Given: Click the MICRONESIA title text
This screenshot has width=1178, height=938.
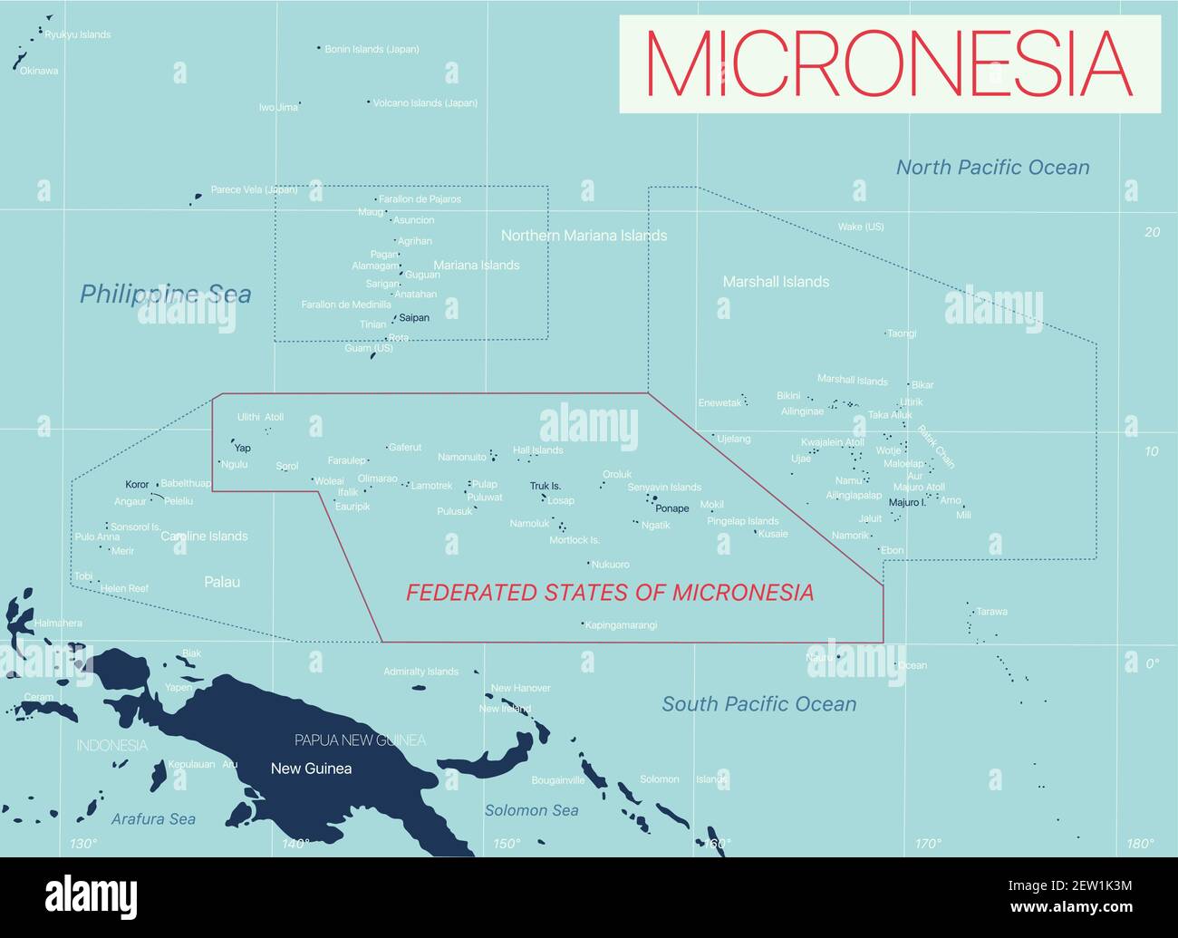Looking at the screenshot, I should (x=889, y=63).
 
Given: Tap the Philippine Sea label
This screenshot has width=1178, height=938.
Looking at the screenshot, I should (x=165, y=295).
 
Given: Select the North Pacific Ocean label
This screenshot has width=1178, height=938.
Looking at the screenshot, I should (x=992, y=168).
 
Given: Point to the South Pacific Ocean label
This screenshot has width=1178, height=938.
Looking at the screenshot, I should (x=758, y=704).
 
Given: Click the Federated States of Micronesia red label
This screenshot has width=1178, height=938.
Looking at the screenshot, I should (x=609, y=593).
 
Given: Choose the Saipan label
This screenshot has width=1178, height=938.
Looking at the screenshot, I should (x=414, y=318).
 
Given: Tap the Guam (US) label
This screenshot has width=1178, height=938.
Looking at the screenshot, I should (x=369, y=348).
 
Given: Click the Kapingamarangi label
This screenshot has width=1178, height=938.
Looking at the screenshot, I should (x=622, y=625).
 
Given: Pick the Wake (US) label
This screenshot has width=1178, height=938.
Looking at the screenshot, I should (x=861, y=227).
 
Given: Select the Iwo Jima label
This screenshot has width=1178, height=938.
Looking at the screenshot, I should (x=278, y=108).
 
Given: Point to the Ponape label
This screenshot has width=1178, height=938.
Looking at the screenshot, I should (x=672, y=508).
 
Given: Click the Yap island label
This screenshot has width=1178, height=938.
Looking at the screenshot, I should (x=243, y=449).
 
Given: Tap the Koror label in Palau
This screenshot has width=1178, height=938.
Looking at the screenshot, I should (x=137, y=485).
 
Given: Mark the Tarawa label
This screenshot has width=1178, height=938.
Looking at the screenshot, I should (x=991, y=612).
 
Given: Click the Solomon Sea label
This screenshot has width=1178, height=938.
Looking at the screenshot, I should (x=531, y=810).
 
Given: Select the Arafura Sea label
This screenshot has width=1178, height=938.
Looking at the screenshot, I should (x=153, y=819).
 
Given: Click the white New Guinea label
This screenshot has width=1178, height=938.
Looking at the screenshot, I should (x=311, y=769).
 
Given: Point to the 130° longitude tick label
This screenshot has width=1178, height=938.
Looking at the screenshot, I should (x=82, y=844).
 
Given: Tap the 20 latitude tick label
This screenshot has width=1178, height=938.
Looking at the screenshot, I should (x=1152, y=232).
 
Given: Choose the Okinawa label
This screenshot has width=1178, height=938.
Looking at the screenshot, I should (x=39, y=71).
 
